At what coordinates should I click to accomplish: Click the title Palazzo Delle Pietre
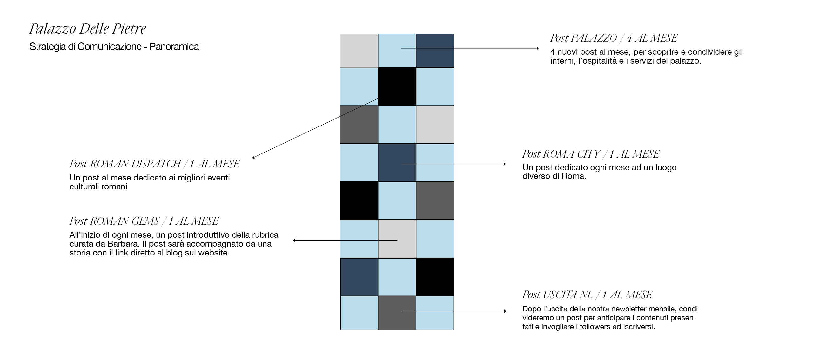point(88,29)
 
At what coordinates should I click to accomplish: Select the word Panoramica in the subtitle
point(174,47)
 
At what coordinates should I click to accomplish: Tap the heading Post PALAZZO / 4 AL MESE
point(614,38)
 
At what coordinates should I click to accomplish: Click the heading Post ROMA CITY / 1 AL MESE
point(591,154)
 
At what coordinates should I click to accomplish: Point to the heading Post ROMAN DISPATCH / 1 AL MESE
point(154,164)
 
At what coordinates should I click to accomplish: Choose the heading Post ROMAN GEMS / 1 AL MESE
point(144,221)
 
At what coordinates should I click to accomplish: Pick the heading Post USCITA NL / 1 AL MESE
point(587,295)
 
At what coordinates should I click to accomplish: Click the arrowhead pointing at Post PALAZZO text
point(537,48)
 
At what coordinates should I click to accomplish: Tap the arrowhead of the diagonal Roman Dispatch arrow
point(254,157)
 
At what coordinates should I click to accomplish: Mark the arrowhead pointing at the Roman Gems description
point(294,241)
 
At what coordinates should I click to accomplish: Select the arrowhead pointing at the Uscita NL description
point(505,311)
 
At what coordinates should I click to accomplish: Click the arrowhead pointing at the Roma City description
point(504,164)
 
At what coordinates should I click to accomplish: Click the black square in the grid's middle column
point(397,86)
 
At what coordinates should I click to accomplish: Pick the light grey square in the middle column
point(397,239)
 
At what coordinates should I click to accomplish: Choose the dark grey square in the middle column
point(397,313)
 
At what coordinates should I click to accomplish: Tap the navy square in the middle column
point(397,162)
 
